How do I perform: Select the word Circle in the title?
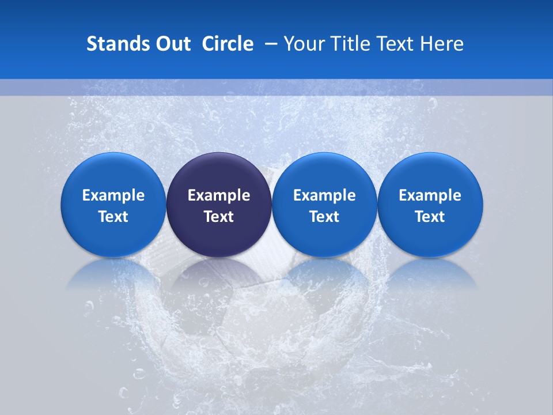point(228,44)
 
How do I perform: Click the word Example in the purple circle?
point(219,195)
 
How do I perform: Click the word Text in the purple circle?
point(219,217)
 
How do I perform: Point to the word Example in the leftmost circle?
point(113,195)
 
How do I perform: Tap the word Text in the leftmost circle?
point(113,217)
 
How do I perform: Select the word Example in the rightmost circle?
point(430,195)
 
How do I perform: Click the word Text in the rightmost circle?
point(430,217)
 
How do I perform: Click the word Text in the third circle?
point(324,217)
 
